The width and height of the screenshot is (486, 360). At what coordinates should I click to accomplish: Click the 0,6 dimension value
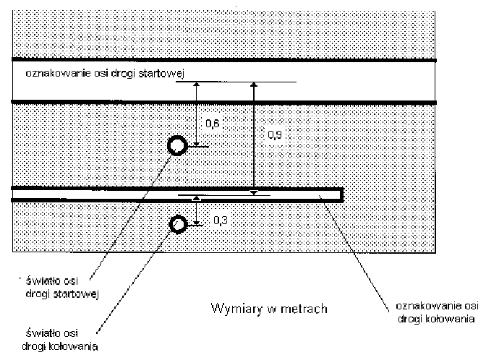tap(213, 124)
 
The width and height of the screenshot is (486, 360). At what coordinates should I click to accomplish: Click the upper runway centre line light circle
tap(176, 147)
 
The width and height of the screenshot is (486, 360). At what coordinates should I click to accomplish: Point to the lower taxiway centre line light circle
tap(177, 225)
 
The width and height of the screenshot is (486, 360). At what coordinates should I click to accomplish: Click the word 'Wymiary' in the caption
tap(229, 309)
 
